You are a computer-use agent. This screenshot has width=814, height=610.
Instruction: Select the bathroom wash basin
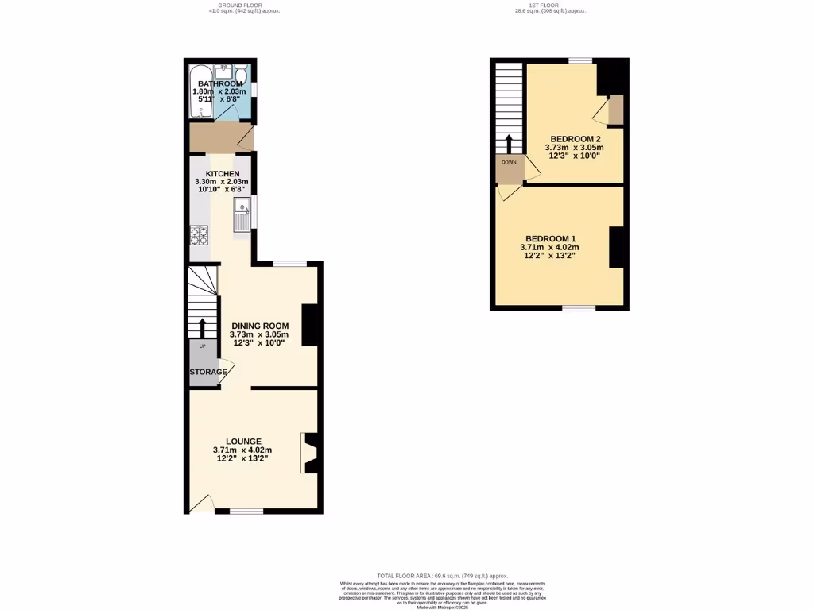225,69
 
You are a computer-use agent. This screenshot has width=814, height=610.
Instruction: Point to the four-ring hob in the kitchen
199,235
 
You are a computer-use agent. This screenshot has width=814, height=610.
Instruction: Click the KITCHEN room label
223,174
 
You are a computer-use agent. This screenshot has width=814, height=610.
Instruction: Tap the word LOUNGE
243,442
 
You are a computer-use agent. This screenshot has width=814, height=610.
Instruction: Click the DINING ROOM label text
260,326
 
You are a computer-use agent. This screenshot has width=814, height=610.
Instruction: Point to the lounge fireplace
310,454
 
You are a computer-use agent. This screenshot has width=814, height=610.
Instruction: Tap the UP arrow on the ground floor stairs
203,326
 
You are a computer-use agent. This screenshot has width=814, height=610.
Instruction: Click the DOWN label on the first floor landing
509,162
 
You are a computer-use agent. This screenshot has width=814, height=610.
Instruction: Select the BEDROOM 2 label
575,139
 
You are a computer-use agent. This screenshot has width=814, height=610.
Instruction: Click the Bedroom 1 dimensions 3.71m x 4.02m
544,248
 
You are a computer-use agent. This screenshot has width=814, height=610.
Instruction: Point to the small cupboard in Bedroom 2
615,111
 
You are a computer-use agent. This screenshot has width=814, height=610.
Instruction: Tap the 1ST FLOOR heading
549,6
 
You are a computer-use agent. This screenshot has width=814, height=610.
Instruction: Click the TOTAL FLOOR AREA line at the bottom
442,576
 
